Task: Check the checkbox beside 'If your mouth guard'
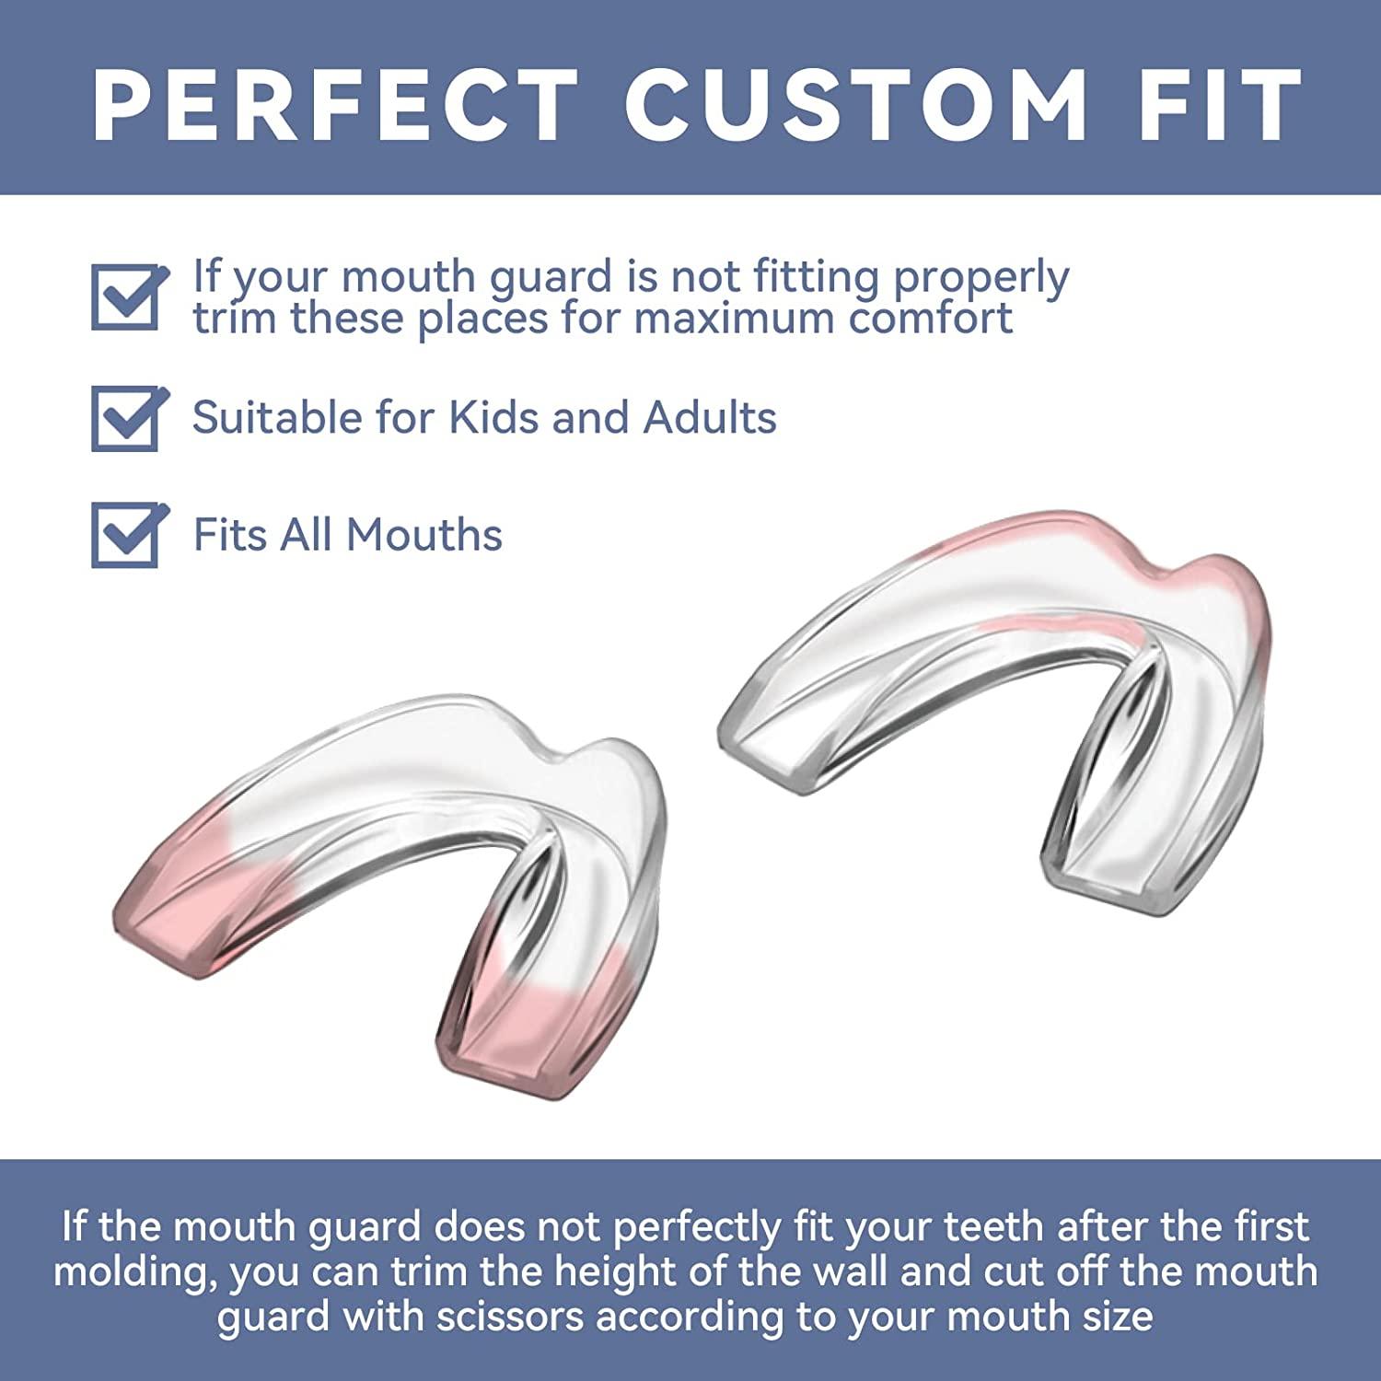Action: pos(128,297)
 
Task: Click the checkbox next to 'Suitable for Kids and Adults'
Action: pos(128,418)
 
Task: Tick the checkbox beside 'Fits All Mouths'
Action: pos(128,535)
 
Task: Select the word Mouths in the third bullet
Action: pos(424,534)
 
